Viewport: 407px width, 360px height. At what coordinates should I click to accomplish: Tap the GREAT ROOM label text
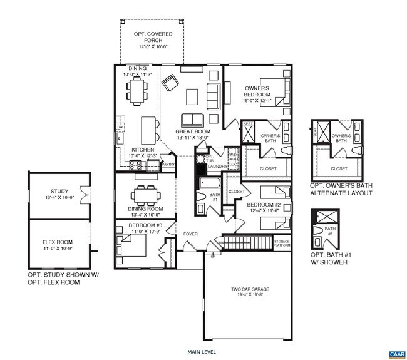[x=192, y=132]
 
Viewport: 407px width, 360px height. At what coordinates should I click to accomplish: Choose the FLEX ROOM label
[x=58, y=242]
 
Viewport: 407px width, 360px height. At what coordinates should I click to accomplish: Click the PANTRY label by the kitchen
[x=168, y=165]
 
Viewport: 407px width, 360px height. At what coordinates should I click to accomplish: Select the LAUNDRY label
[x=219, y=167]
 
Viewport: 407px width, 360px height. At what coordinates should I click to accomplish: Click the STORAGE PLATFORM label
[x=282, y=244]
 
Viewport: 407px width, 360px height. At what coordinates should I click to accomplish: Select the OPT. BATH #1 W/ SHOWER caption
[x=330, y=257]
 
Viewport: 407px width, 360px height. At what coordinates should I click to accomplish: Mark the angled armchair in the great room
[x=170, y=82]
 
